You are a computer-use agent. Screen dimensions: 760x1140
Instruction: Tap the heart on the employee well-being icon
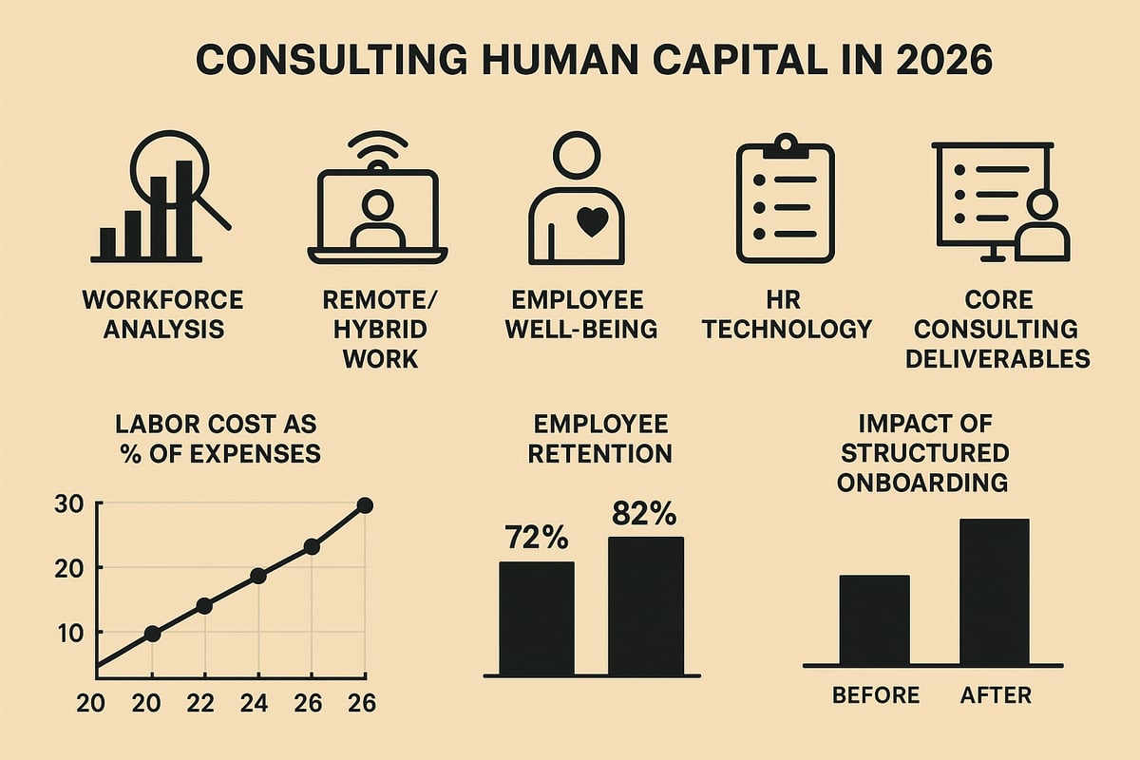click(x=591, y=222)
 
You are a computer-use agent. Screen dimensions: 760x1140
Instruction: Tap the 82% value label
click(x=644, y=514)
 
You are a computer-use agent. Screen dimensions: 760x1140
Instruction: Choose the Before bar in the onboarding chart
click(x=874, y=618)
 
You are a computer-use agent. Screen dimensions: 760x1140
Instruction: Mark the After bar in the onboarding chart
click(x=994, y=591)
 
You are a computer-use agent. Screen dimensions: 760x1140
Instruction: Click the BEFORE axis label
click(x=875, y=695)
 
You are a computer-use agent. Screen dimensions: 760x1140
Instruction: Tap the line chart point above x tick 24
click(x=257, y=576)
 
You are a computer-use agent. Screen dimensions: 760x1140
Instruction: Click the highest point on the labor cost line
click(x=365, y=505)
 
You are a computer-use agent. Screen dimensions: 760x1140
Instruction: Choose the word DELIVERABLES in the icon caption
click(x=997, y=360)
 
